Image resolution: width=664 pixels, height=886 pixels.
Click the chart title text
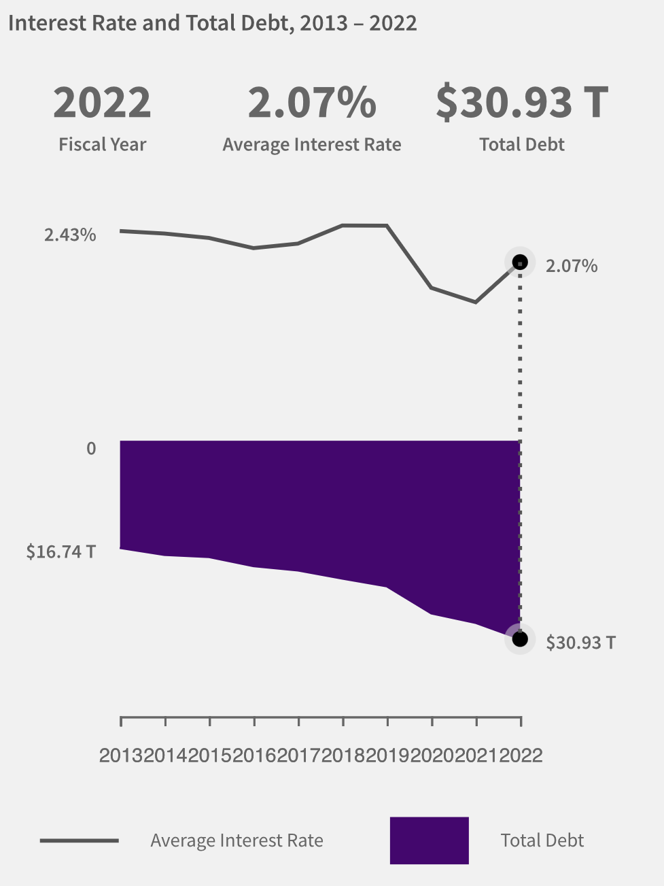tap(212, 23)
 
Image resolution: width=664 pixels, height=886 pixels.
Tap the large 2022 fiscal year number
tap(102, 103)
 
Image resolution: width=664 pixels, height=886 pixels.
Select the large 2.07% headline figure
tap(311, 103)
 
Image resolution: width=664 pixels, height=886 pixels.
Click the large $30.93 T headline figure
tap(521, 103)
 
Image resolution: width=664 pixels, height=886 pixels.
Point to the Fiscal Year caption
tap(102, 145)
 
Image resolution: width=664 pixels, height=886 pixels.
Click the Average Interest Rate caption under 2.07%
tap(311, 145)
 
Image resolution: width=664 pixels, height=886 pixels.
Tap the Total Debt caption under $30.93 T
tap(521, 145)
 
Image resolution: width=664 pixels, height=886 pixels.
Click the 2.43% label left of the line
tap(70, 235)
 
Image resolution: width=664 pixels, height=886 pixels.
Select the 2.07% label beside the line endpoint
tap(571, 266)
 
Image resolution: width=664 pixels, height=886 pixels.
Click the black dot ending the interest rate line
tap(520, 262)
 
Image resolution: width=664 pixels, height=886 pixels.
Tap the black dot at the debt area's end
tap(520, 639)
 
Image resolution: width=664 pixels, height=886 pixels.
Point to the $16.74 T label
tap(61, 551)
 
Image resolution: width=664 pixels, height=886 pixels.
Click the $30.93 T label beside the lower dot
tap(580, 643)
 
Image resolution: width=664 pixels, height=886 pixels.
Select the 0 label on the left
tap(91, 449)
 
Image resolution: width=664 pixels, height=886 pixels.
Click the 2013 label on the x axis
tap(121, 755)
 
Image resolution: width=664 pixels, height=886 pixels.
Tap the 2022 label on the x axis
tap(521, 755)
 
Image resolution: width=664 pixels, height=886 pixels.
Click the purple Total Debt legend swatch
tap(429, 840)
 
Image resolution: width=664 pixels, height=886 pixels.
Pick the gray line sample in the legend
tap(79, 840)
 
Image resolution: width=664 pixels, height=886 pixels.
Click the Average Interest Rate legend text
tap(237, 841)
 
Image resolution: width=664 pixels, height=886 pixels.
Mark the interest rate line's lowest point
tap(476, 302)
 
